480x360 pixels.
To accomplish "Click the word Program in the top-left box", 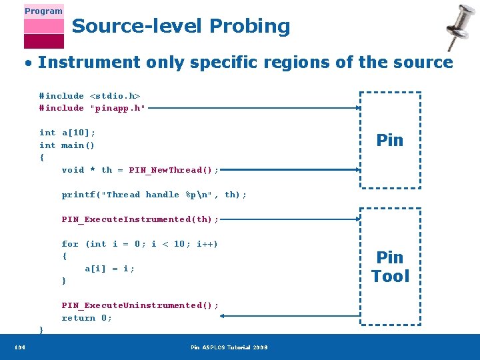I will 43,11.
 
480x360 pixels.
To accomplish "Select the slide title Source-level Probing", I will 181,26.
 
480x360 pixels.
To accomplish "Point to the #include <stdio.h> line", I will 89,96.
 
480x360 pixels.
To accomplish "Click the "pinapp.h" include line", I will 92,108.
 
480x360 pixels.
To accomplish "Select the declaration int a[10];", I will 67,133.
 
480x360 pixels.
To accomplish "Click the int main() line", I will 67,145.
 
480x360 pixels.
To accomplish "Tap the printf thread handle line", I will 154,195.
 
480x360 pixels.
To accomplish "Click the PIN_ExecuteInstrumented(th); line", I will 140,219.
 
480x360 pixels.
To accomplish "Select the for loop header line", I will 140,244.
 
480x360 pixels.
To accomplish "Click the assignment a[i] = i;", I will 109,269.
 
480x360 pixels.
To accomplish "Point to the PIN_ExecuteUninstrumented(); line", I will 140,305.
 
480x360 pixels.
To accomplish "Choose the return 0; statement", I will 87,318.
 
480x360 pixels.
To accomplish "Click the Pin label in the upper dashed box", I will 389,140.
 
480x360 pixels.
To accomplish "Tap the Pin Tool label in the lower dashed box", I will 390,267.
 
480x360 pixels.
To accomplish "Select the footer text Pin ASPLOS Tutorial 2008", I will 229,347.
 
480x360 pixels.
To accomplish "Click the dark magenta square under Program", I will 43,41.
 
